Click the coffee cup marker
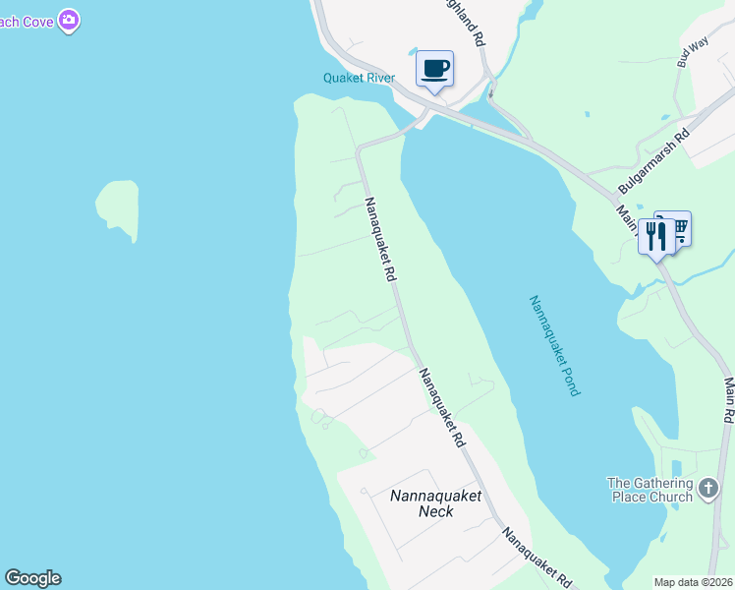434,69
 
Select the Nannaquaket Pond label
554,345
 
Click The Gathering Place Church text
650,490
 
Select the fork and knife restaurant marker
655,237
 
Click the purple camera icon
68,20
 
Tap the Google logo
32,578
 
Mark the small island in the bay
117,205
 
